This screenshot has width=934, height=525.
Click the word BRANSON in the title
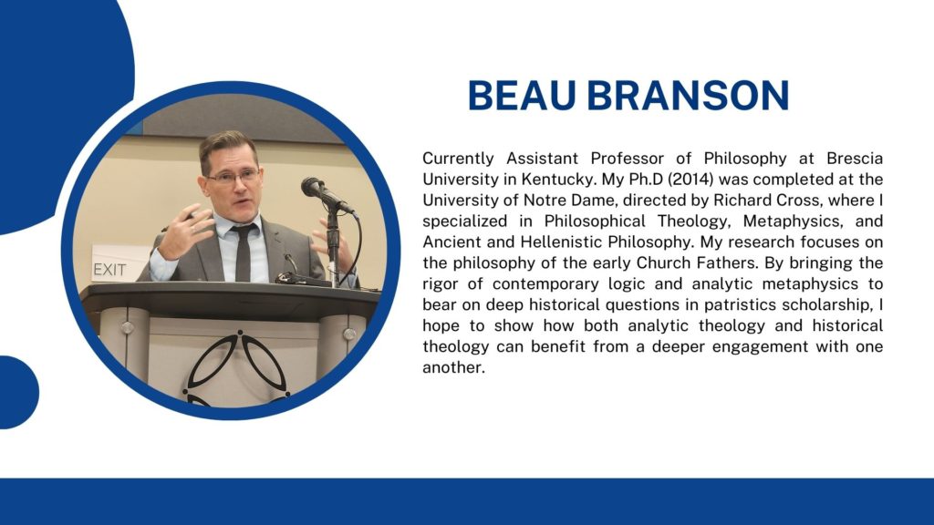688,95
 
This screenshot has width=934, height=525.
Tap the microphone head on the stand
313,187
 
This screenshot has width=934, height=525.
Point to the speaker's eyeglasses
234,176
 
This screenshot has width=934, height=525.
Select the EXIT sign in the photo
110,270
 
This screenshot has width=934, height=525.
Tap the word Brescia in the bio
855,159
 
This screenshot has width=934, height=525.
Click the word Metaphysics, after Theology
794,221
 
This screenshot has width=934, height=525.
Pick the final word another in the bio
454,367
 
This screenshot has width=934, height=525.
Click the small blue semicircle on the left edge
18,392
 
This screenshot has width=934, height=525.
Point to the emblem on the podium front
238,369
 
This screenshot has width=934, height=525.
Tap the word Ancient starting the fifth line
452,242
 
